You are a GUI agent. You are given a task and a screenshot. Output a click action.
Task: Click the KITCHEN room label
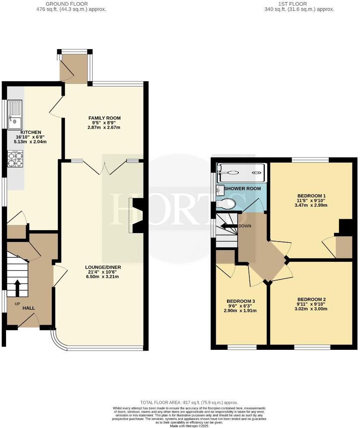(31, 132)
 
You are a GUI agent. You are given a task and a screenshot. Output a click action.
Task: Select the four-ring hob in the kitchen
(15, 159)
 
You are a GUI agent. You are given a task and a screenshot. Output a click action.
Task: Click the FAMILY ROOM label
(105, 118)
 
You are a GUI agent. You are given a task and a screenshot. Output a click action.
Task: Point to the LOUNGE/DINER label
(103, 267)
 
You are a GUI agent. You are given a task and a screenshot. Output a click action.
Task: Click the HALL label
(28, 308)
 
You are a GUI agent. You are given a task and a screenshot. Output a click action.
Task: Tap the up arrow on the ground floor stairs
(17, 288)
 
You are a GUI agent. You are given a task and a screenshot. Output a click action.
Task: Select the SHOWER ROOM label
(242, 189)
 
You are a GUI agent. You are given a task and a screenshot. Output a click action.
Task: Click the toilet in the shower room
(226, 203)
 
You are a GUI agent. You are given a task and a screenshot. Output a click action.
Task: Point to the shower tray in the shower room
(242, 173)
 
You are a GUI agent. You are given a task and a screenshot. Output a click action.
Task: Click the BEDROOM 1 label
(311, 196)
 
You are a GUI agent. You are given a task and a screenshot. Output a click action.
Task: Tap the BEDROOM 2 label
(311, 300)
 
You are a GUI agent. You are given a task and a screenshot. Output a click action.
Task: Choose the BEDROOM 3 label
(241, 301)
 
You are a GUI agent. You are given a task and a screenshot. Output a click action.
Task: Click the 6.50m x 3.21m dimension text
(103, 277)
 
